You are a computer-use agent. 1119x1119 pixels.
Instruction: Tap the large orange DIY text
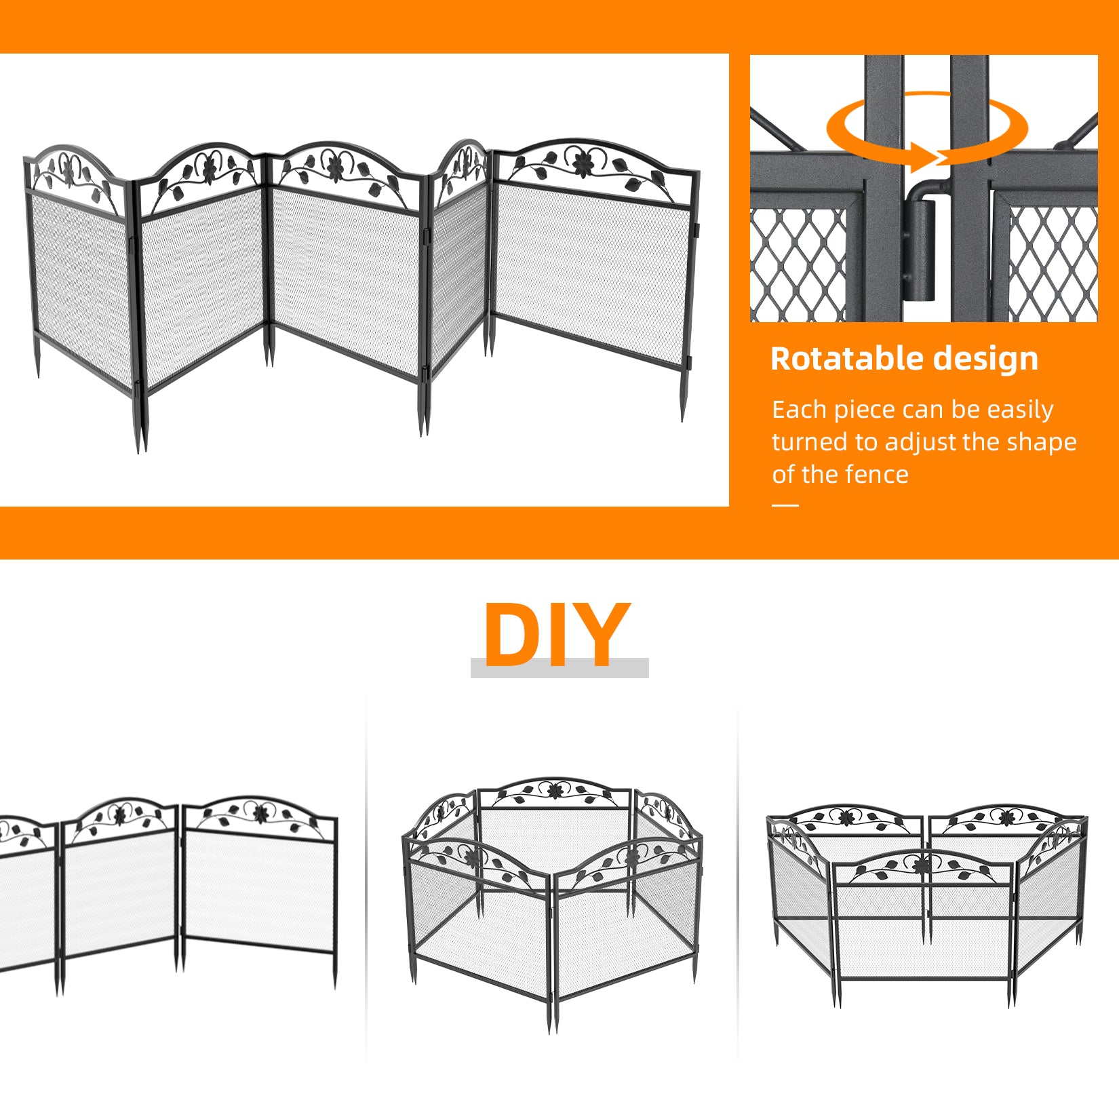557,635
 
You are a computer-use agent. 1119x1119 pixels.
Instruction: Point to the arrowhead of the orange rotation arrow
928,157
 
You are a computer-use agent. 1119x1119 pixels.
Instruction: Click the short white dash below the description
785,505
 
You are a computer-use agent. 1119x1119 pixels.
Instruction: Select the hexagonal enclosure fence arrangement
552,905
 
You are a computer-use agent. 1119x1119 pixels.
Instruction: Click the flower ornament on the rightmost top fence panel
583,161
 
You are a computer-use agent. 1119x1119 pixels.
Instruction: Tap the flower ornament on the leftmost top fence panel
68,168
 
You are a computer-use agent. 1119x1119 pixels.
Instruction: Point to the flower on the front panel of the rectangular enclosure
921,865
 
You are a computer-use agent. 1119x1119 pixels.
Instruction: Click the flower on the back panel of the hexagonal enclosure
555,791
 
